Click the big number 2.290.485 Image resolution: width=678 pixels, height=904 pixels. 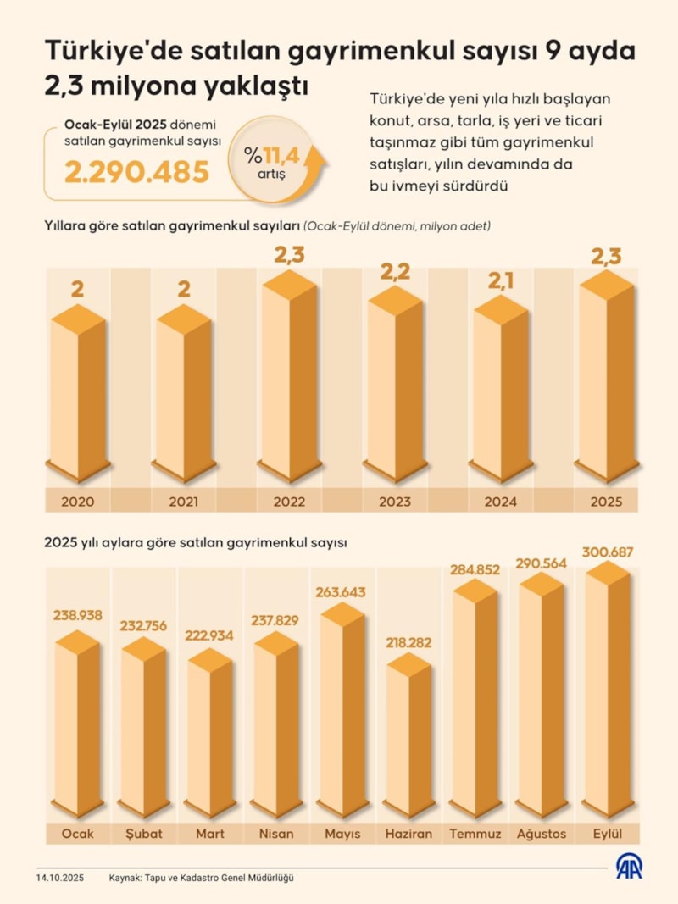[137, 172]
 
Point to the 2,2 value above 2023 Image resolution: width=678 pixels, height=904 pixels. [395, 272]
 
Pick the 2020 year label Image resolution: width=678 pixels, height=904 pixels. [77, 502]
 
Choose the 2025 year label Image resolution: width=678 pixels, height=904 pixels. [606, 502]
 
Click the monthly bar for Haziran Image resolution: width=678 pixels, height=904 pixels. [409, 737]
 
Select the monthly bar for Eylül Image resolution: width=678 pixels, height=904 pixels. [608, 690]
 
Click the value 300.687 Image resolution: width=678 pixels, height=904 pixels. [608, 552]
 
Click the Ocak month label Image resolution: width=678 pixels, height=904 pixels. [78, 834]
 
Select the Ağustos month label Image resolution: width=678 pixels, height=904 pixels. [542, 834]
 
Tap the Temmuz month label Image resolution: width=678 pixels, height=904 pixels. [475, 834]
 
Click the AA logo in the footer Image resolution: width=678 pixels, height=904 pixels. [629, 868]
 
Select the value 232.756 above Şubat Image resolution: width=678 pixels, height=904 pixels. [143, 627]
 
